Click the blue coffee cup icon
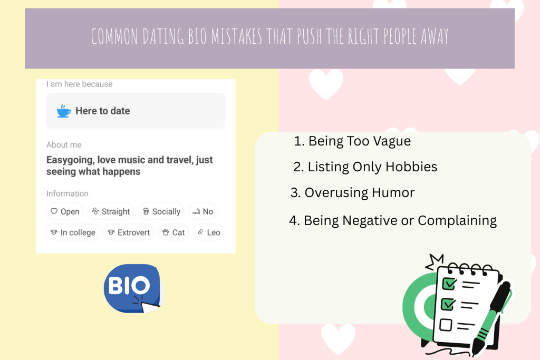click(x=64, y=111)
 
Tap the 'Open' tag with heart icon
click(x=65, y=211)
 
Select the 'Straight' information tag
click(x=111, y=211)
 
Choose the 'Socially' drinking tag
click(x=161, y=211)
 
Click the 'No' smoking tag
click(x=203, y=211)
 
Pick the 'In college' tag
click(x=73, y=232)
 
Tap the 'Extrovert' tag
click(x=129, y=232)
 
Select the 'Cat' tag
click(x=173, y=232)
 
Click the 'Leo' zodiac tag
click(x=209, y=232)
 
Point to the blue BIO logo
click(x=132, y=287)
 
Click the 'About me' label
click(x=64, y=145)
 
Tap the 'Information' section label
click(x=67, y=193)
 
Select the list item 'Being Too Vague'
click(x=352, y=141)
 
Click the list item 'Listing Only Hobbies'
click(x=365, y=167)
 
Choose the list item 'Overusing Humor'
click(x=352, y=192)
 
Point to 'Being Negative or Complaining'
click(x=393, y=220)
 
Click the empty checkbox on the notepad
click(x=446, y=324)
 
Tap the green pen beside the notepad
click(x=493, y=316)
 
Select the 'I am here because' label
click(x=79, y=84)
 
